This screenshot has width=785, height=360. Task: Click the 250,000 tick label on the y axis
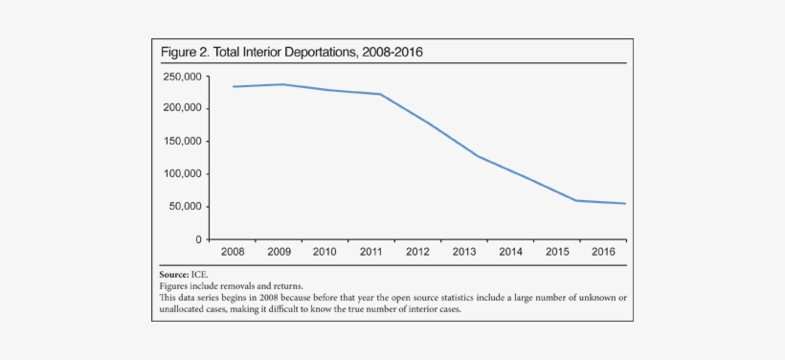[181, 77]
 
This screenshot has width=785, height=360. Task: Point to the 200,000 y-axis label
[181, 108]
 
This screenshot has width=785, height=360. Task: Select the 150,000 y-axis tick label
[181, 142]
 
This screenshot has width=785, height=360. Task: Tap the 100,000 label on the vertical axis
[181, 174]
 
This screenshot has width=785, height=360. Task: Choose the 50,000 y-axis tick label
[184, 207]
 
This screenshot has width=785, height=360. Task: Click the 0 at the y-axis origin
[198, 239]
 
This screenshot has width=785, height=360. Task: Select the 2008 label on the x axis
[233, 253]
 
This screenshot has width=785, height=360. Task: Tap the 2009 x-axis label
[280, 253]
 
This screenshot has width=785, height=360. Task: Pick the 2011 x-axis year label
[371, 253]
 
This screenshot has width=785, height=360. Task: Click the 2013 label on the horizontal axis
[464, 253]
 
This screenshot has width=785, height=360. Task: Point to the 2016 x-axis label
[603, 253]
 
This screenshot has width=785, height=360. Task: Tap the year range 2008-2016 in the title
[392, 53]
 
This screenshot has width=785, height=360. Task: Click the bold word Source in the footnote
[174, 274]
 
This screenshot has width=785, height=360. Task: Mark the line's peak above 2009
[280, 84]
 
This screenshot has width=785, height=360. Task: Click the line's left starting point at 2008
[233, 87]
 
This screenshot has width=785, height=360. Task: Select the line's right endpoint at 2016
[625, 203]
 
